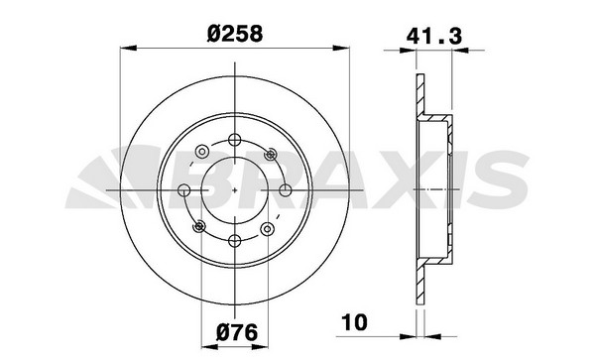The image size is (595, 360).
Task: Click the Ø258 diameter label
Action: click(x=235, y=34)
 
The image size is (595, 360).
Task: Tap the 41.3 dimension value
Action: click(x=434, y=37)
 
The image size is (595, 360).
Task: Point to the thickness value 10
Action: click(x=355, y=321)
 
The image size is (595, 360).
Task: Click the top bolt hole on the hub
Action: click(x=235, y=140)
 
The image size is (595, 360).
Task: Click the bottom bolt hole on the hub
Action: click(x=235, y=241)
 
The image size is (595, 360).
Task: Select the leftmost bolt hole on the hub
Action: click(x=184, y=190)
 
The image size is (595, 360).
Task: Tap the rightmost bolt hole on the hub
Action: click(x=286, y=190)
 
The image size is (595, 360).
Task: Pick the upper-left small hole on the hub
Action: click(x=202, y=152)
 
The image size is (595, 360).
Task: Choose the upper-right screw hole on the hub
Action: click(x=270, y=154)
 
